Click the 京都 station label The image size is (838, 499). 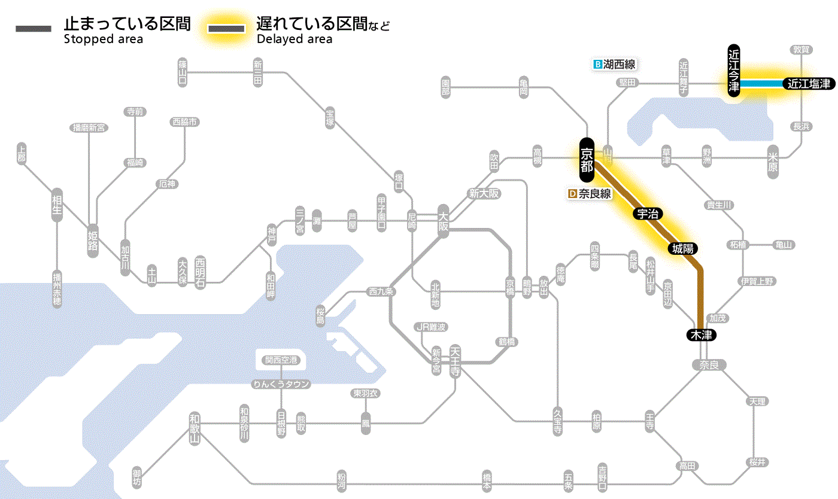tap(587, 160)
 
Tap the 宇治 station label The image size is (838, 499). tap(644, 214)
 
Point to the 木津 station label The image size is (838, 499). tap(701, 335)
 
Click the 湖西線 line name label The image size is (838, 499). tap(619, 64)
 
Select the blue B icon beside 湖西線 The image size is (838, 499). tap(597, 64)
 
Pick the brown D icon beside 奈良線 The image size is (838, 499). tap(572, 194)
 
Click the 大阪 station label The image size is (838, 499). tap(443, 221)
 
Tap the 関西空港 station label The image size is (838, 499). tap(281, 360)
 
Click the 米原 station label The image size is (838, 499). tap(773, 162)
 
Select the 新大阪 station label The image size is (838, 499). tap(484, 194)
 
